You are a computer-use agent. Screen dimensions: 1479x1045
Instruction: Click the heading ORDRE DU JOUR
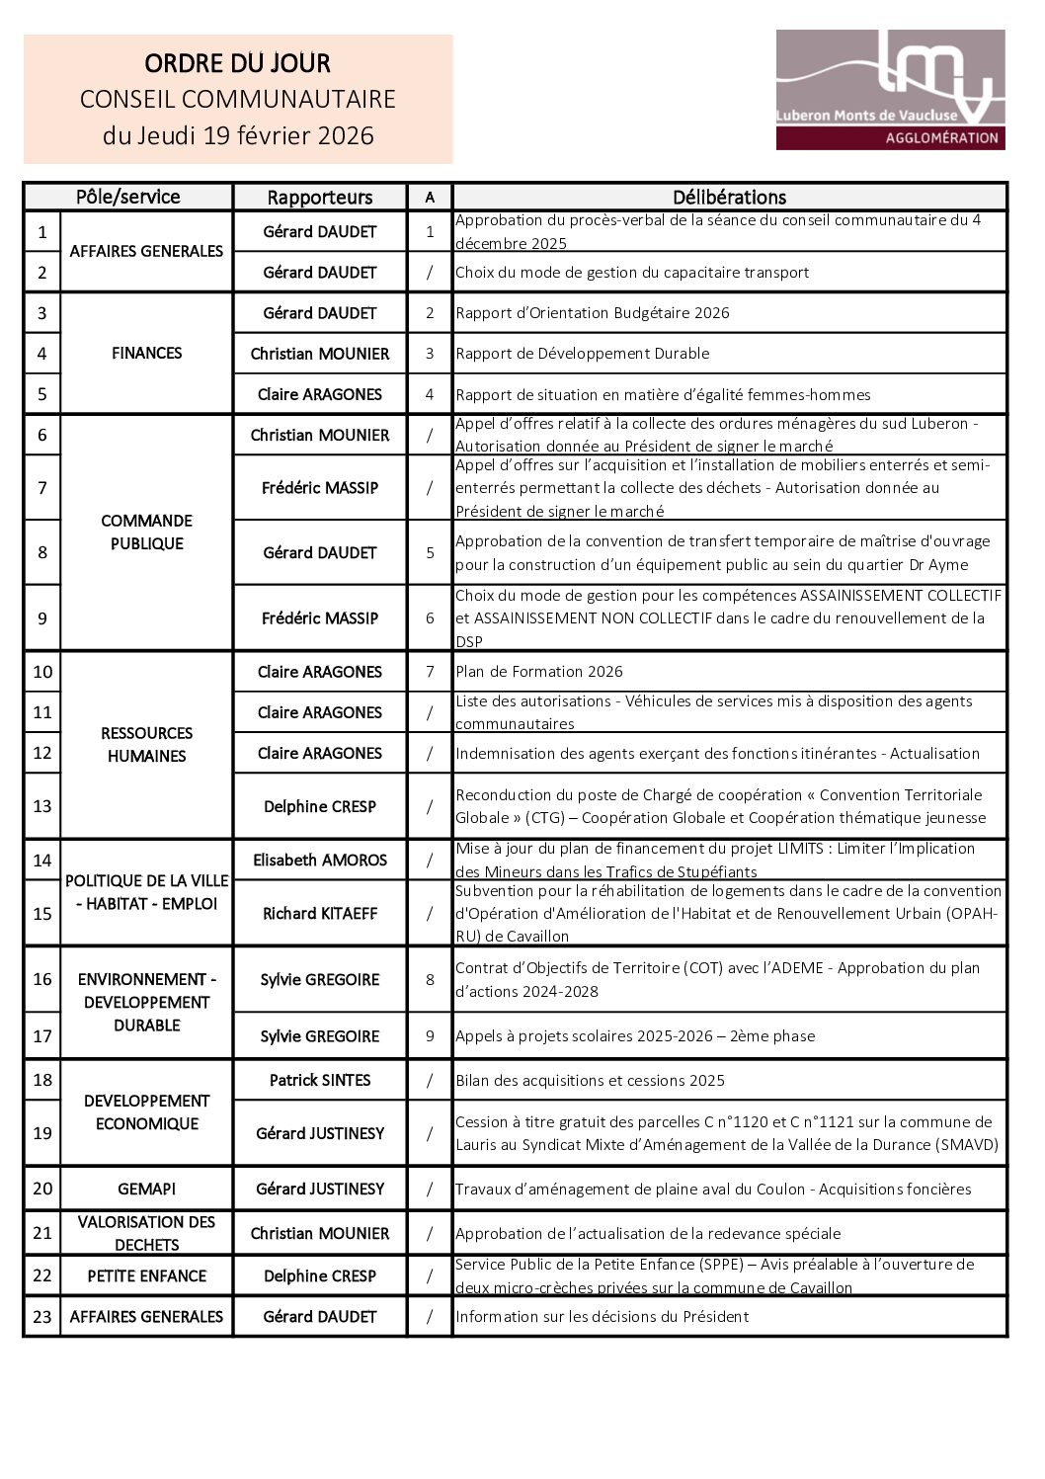[x=237, y=64]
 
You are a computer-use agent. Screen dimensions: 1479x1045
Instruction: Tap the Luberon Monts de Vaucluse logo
[x=890, y=90]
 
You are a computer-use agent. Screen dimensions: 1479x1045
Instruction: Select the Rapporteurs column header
[x=320, y=198]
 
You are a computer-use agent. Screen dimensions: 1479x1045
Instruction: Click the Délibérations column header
[x=729, y=198]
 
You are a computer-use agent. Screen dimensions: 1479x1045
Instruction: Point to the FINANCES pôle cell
[x=146, y=353]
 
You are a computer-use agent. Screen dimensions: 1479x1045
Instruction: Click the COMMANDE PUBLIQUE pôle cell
[x=146, y=533]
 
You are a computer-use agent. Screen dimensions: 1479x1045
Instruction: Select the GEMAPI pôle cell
[x=146, y=1189]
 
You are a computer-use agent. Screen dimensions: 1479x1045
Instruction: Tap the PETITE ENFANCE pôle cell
[x=146, y=1275]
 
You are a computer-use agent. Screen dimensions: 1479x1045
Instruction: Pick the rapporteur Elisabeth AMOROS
[x=320, y=860]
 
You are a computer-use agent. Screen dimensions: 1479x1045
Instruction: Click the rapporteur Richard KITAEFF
[x=320, y=913]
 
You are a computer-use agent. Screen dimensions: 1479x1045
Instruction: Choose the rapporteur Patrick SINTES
[x=320, y=1080]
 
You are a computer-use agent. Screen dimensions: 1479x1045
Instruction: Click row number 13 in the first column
[x=41, y=806]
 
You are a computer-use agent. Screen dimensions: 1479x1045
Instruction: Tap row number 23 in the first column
[x=41, y=1316]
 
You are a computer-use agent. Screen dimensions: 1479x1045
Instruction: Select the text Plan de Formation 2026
[x=539, y=672]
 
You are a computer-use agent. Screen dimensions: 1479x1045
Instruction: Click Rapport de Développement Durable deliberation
[x=583, y=354]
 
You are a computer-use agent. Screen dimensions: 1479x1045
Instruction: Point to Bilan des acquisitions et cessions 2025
[x=590, y=1081]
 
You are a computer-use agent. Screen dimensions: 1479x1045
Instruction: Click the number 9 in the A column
[x=430, y=1036]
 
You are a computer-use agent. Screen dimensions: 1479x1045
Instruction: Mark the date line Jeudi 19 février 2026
[x=238, y=135]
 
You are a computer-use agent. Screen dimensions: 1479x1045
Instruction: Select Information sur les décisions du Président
[x=602, y=1317]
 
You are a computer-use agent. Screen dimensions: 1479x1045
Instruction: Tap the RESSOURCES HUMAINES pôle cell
[x=146, y=745]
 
